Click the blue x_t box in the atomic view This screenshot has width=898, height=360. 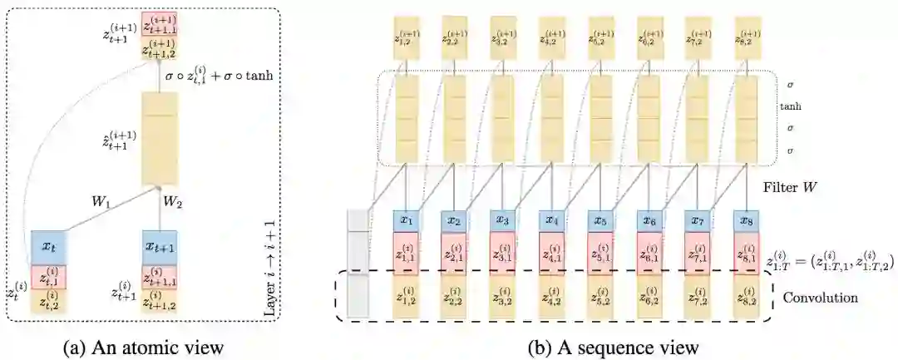point(48,248)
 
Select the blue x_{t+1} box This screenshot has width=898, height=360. point(161,248)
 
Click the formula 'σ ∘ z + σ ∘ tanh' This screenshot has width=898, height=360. point(219,77)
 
